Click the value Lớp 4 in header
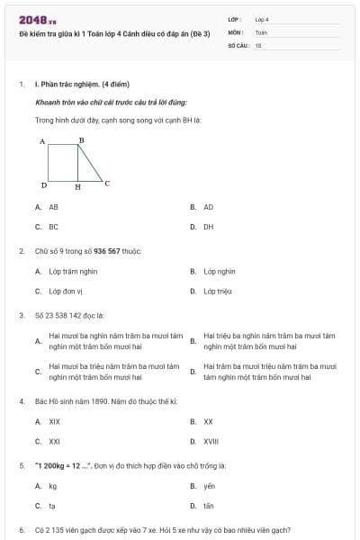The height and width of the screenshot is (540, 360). click(x=262, y=19)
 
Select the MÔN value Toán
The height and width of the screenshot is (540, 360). click(x=261, y=31)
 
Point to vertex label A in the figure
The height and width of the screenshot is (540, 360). click(x=42, y=142)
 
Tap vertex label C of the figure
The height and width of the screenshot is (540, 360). click(x=107, y=184)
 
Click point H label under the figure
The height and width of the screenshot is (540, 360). click(x=77, y=188)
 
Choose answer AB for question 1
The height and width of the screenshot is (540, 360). click(x=53, y=206)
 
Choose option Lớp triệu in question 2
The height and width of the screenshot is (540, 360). click(x=217, y=292)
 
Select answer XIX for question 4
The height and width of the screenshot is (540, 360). click(x=54, y=420)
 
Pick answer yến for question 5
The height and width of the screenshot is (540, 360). click(x=209, y=486)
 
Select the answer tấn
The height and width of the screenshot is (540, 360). click(x=208, y=507)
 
